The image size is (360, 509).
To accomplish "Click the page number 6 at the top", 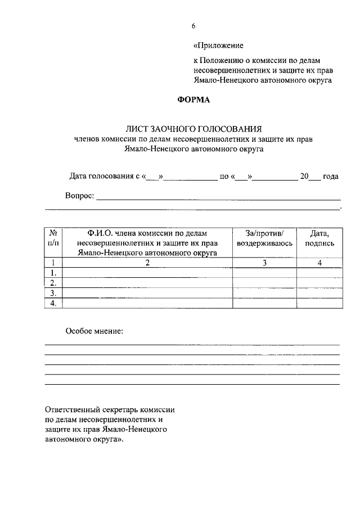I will (x=193, y=26).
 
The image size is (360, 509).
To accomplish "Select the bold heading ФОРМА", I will (x=193, y=100).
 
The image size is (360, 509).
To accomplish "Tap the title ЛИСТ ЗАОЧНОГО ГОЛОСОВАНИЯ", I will (x=193, y=129).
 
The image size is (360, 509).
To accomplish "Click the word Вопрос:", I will (x=80, y=197).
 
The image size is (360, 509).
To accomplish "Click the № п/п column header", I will (x=53, y=238).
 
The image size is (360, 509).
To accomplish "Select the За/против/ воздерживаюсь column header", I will (x=264, y=238).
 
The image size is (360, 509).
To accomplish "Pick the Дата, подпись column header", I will (x=319, y=238).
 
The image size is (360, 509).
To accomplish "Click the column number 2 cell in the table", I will (x=147, y=263).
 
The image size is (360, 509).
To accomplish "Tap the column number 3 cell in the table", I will (x=264, y=263).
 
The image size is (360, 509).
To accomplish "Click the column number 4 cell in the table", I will (x=319, y=263).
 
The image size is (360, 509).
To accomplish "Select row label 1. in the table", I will (x=53, y=273).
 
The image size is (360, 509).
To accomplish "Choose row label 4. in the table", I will (x=53, y=303).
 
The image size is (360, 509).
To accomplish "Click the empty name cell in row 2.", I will (x=147, y=283).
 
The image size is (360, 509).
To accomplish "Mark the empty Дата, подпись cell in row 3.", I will (x=319, y=293).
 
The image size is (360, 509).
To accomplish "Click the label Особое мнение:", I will (x=94, y=331).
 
